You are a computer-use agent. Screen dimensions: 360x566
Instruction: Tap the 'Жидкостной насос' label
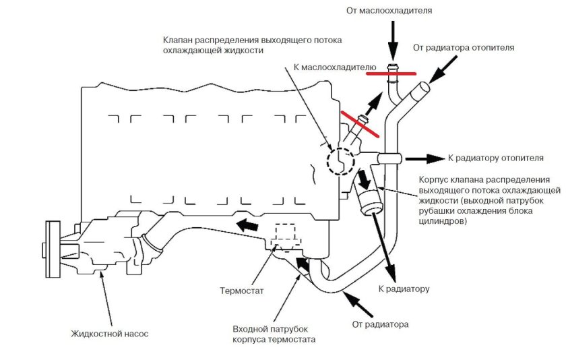coord(109,333)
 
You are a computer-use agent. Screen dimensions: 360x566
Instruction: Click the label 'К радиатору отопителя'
coord(495,158)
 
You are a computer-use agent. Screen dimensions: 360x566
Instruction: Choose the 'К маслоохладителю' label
coord(329,67)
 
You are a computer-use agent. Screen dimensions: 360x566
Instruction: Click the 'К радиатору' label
coord(404,289)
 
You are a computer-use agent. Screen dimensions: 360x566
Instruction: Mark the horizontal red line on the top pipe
coord(391,73)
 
